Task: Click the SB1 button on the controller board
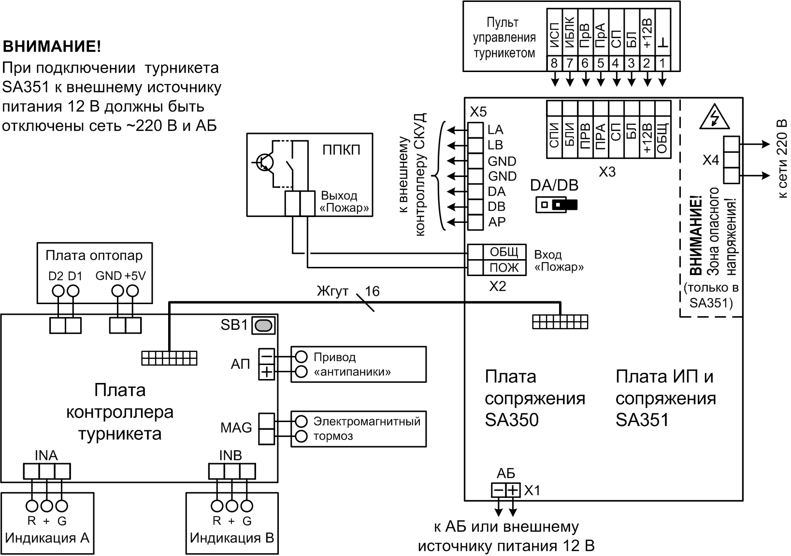tap(264, 325)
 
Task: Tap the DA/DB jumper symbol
tap(557, 205)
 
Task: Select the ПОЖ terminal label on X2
tap(503, 267)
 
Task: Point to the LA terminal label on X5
tap(495, 130)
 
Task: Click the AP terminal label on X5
tap(497, 222)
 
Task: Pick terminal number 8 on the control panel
tap(554, 63)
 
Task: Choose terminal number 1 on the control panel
tap(662, 63)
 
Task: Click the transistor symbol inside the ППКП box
tap(263, 162)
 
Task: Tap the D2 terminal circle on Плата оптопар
tap(58, 291)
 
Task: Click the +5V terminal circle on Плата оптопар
tap(132, 291)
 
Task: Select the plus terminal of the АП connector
tap(266, 372)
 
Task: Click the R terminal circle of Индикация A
tap(32, 506)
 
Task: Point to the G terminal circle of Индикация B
tap(247, 506)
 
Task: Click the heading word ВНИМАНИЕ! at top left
tap(52, 47)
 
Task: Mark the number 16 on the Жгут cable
tap(372, 291)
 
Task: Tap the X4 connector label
tap(710, 160)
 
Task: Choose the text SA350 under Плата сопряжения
tap(511, 420)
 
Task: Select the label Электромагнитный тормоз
tap(366, 428)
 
